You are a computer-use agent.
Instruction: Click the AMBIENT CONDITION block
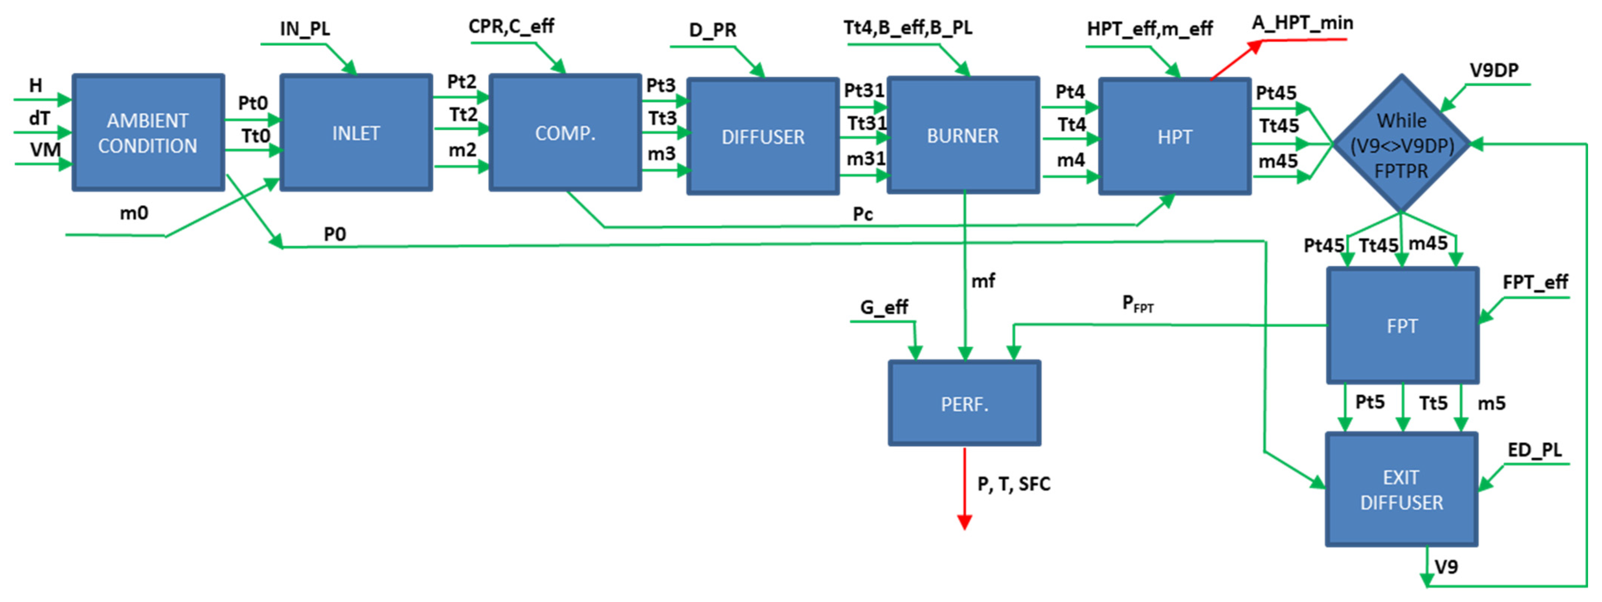pos(148,133)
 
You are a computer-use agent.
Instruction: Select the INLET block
pos(356,133)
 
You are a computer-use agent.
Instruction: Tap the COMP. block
pos(565,133)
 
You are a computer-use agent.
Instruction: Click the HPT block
pos(1174,136)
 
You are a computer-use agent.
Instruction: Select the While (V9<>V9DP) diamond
pos(1401,144)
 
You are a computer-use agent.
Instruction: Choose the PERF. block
pos(964,403)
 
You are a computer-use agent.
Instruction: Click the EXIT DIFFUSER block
pos(1401,490)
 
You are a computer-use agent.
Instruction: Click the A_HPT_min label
pos(1302,23)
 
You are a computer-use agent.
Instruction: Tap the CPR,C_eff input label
pos(511,27)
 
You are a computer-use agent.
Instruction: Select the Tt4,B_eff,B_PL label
pos(907,28)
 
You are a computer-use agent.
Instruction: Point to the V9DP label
pos(1494,70)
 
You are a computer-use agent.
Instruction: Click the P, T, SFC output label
pos(1014,484)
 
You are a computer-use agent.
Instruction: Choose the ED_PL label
pos(1534,450)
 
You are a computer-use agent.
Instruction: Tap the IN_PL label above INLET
pos(305,29)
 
